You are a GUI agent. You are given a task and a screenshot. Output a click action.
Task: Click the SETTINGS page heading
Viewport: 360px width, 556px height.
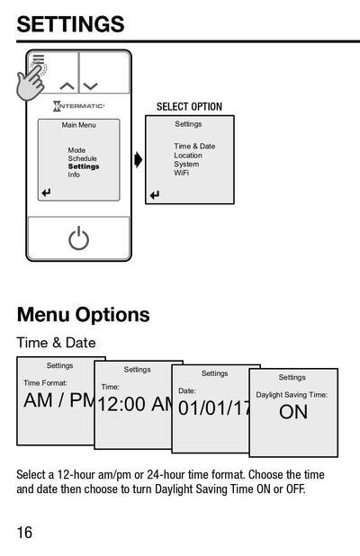[x=70, y=24]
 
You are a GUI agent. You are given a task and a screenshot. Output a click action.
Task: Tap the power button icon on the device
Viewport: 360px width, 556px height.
[x=79, y=238]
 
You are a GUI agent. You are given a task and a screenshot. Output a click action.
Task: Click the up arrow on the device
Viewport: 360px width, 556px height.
[x=67, y=86]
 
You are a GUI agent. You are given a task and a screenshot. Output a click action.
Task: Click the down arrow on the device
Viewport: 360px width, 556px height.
[x=90, y=86]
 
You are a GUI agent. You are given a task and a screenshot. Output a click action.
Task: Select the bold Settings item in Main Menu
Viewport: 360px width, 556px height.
[x=84, y=166]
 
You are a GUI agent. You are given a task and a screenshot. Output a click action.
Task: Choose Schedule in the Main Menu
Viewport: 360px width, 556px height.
[x=82, y=158]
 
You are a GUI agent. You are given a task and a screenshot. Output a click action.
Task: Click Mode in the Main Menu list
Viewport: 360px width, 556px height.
[x=77, y=150]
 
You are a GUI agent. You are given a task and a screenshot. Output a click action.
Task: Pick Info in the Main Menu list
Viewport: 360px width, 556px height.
[x=74, y=175]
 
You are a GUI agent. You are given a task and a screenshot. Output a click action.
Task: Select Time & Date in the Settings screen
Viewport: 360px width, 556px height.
[x=194, y=146]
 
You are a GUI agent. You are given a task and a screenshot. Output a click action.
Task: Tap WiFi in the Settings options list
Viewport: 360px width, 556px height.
[x=182, y=172]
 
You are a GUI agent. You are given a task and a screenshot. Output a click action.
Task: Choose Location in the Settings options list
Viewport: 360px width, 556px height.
[x=188, y=155]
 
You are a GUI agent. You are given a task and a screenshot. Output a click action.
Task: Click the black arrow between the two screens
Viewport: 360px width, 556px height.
[x=138, y=160]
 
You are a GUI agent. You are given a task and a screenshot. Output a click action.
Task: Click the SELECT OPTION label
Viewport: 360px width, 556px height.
[x=189, y=107]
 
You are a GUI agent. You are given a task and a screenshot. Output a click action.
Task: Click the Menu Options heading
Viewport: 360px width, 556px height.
[x=83, y=315]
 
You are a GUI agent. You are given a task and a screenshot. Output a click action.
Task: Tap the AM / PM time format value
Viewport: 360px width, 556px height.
[x=58, y=401]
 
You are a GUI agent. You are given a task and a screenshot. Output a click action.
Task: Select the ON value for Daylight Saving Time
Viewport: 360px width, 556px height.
[x=293, y=412]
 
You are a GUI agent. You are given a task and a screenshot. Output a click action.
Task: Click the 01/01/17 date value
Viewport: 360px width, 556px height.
[x=215, y=408]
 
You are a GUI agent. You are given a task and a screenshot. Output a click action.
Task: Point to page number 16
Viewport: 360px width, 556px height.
[x=24, y=532]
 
